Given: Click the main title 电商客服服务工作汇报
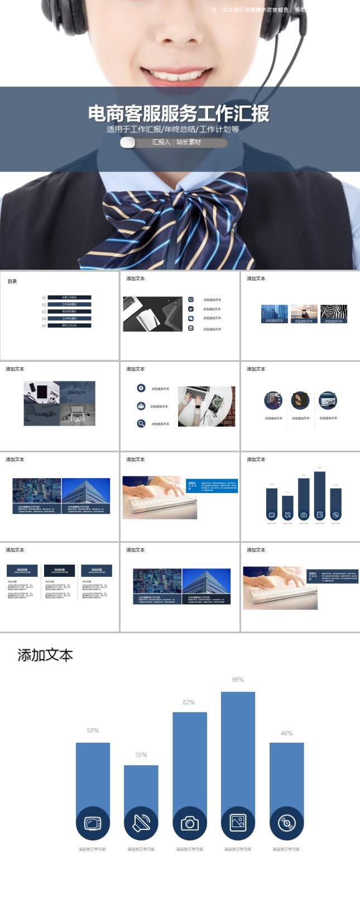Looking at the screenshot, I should pyautogui.click(x=179, y=113).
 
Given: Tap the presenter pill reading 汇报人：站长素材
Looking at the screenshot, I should pyautogui.click(x=174, y=142).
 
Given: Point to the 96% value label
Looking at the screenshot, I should pyautogui.click(x=238, y=680).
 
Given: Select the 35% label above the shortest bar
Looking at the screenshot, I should pyautogui.click(x=141, y=754).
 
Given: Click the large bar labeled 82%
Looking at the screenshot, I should pyautogui.click(x=190, y=759).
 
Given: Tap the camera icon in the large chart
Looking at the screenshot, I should pyautogui.click(x=190, y=823).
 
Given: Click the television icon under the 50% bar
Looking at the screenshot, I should pyautogui.click(x=93, y=823).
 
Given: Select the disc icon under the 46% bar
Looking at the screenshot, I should pyautogui.click(x=286, y=823).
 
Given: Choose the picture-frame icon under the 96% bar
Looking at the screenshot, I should pyautogui.click(x=238, y=822).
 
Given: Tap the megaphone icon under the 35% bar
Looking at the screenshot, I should pyautogui.click(x=141, y=823).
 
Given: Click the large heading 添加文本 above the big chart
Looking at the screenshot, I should pyautogui.click(x=45, y=655).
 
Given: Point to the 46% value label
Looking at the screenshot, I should pyautogui.click(x=286, y=733).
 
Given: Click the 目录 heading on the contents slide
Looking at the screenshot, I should pyautogui.click(x=12, y=281).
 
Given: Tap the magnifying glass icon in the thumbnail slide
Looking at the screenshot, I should pyautogui.click(x=141, y=423).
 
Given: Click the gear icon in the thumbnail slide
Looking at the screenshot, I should pyautogui.click(x=141, y=388).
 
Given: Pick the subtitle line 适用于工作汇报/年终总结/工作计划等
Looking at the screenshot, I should pyautogui.click(x=173, y=129).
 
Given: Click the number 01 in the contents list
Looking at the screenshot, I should pyautogui.click(x=44, y=298).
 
